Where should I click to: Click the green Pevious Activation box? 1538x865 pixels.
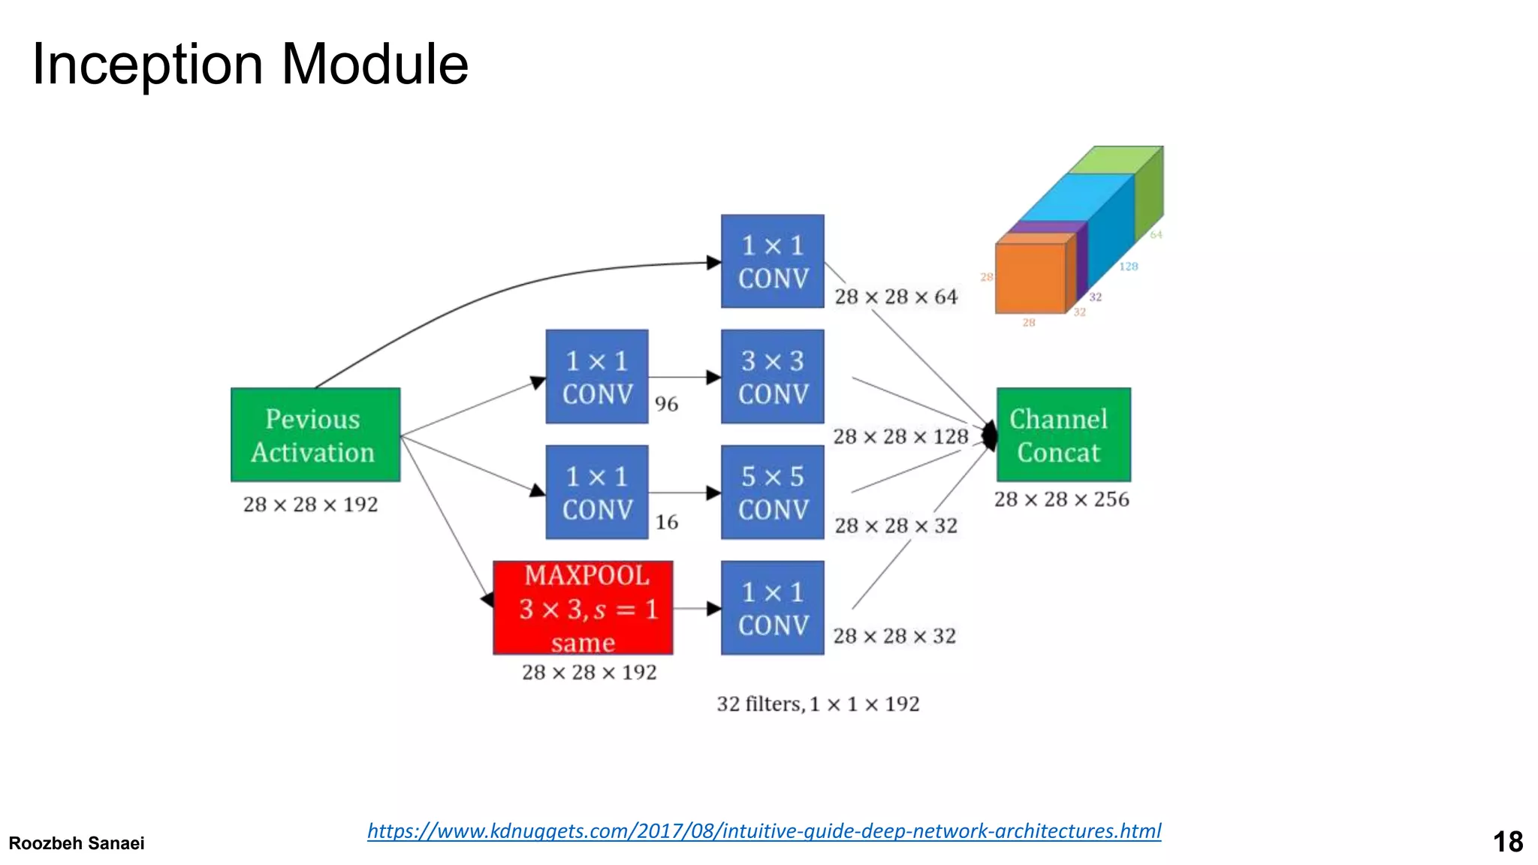315,435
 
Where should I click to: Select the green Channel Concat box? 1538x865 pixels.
1063,435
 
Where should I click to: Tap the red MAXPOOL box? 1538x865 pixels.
583,607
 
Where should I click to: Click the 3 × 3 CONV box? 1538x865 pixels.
772,376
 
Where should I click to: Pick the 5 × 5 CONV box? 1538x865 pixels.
772,492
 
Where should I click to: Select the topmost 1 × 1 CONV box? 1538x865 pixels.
772,261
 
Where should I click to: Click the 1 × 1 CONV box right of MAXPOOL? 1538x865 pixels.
772,607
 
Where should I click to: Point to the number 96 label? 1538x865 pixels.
666,404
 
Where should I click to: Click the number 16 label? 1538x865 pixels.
666,522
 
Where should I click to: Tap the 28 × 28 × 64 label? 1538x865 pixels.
896,297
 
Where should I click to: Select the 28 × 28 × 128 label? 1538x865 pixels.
900,436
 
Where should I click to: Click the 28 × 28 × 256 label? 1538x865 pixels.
1061,499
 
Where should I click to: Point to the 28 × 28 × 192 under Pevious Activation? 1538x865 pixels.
310,505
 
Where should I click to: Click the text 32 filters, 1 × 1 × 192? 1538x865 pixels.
817,704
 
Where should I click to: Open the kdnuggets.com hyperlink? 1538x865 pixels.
764,830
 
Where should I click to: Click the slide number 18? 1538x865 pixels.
1507,842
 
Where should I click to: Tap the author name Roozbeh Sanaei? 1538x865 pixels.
76,843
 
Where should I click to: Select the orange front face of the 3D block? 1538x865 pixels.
1030,278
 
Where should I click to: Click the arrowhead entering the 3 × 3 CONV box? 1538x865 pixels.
713,377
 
